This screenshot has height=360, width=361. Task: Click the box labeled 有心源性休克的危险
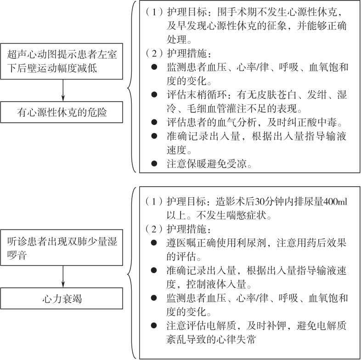tap(62, 112)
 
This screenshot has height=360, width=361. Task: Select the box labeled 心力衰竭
tap(62, 298)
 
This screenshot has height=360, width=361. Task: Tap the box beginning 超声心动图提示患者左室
tap(62, 61)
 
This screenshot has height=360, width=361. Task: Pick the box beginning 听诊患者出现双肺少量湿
tap(62, 247)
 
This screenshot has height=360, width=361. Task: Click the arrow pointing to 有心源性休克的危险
tap(63, 91)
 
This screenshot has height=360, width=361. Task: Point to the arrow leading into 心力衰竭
tap(63, 277)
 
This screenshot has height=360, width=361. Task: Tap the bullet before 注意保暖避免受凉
tap(154, 164)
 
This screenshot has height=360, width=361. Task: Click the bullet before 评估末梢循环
tap(154, 95)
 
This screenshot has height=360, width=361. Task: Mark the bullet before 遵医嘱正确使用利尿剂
tap(154, 243)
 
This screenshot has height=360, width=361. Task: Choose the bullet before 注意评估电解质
tap(154, 326)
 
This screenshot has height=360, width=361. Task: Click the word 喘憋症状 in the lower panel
tap(246, 216)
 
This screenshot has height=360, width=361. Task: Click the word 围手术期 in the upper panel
tap(237, 12)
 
